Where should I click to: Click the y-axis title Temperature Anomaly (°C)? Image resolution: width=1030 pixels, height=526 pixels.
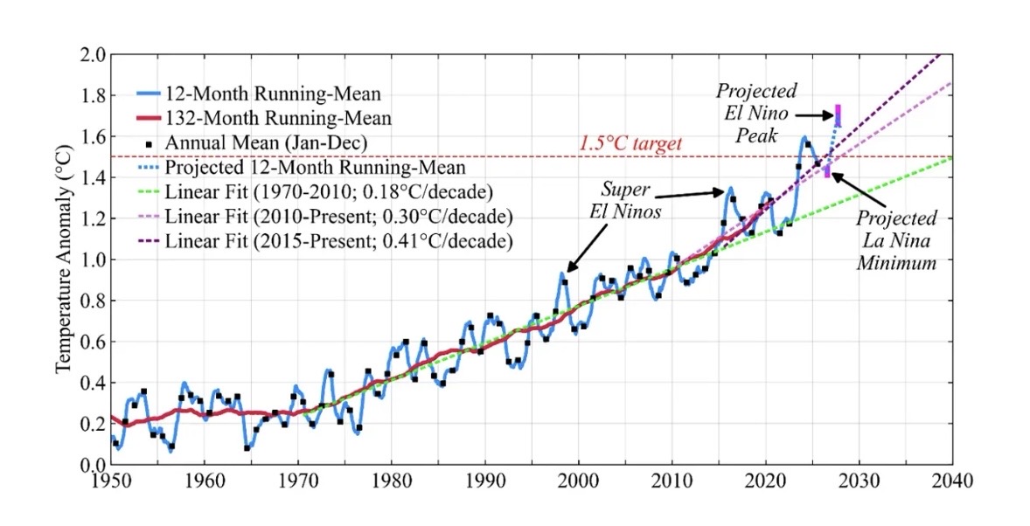(63, 260)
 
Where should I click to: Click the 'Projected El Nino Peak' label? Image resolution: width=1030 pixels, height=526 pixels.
(757, 114)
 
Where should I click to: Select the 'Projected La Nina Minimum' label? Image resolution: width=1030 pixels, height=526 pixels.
(896, 239)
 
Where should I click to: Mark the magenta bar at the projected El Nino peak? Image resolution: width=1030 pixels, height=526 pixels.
(838, 114)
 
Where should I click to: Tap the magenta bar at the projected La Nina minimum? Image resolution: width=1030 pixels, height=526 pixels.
(827, 170)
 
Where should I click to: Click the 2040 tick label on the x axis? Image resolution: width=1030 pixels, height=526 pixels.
(953, 480)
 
